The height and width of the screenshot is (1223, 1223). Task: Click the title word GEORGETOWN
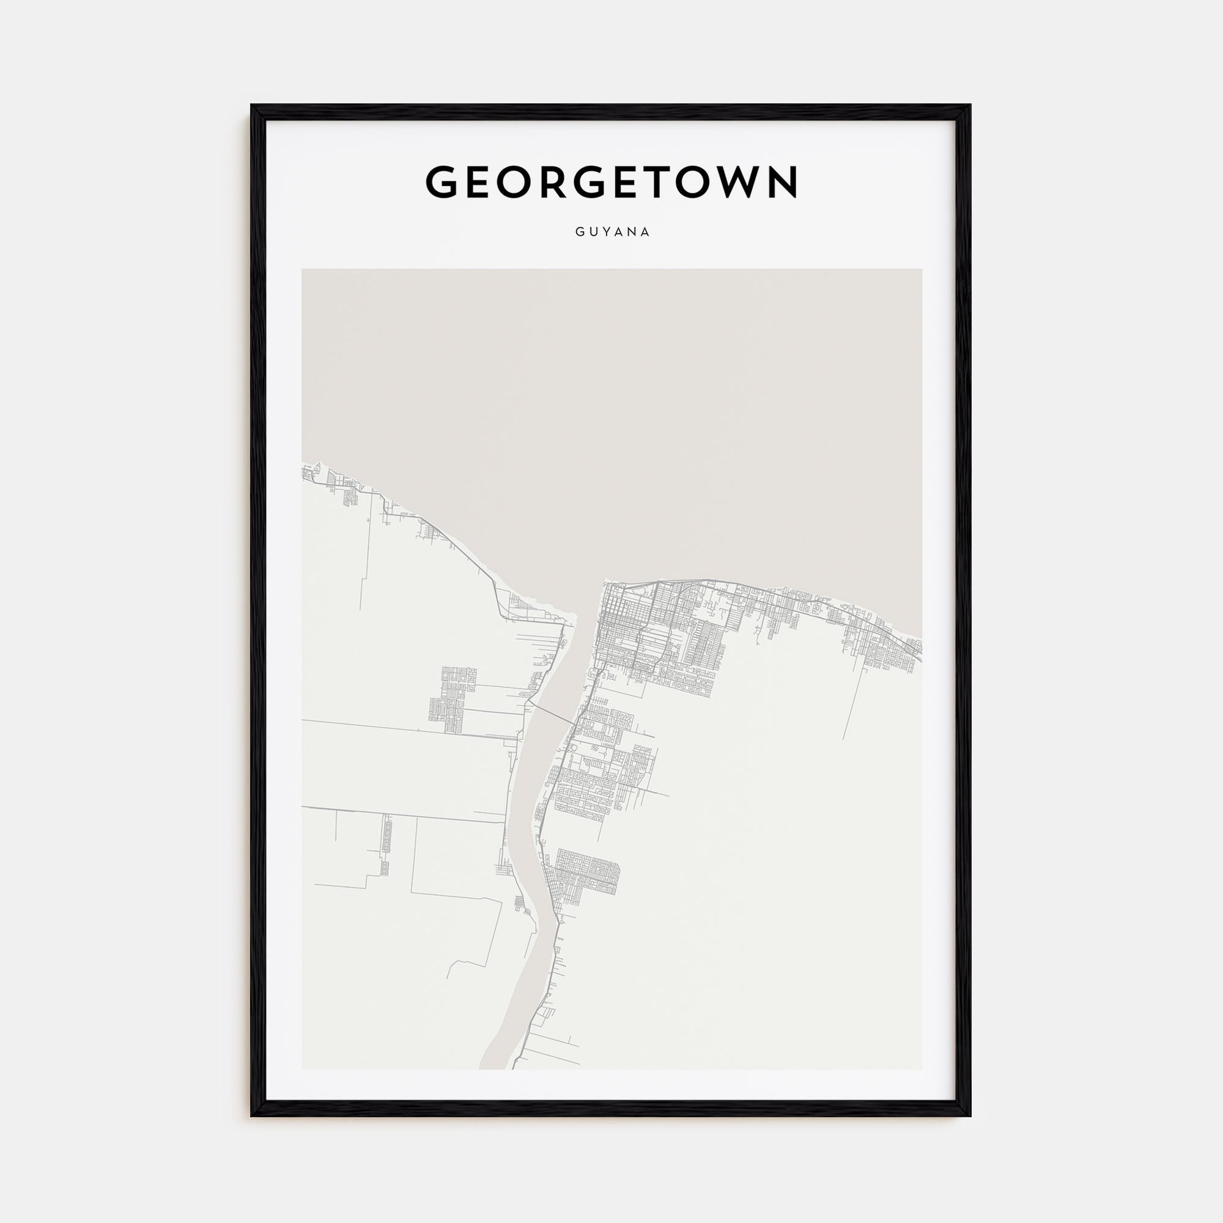pos(611,182)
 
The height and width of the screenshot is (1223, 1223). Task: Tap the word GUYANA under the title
pos(612,232)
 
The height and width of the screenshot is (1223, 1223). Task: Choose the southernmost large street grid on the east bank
pos(585,877)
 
